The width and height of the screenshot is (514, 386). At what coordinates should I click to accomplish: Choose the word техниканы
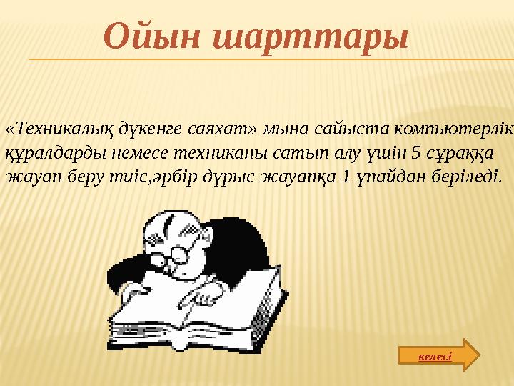coord(202,152)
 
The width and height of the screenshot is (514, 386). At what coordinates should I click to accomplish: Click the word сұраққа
coord(410,152)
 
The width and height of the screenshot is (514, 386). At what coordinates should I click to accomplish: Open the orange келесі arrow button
coord(438,355)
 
